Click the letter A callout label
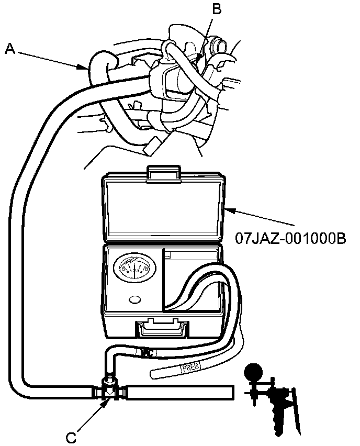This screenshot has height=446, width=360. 9,49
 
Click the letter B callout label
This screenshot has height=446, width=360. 216,8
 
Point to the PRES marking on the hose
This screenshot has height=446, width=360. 189,369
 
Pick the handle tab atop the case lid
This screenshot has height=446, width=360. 165,175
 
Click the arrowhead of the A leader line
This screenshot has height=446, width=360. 87,68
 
